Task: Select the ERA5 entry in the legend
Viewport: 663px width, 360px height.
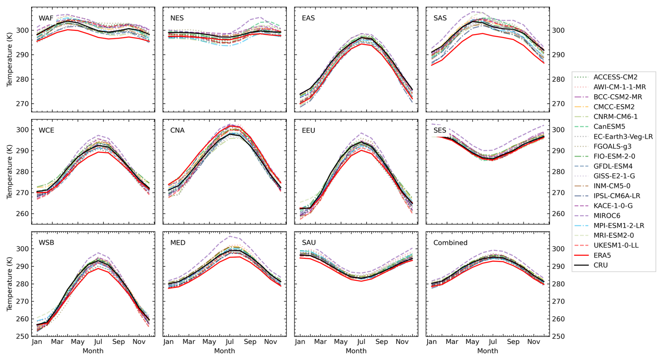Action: [x=602, y=255]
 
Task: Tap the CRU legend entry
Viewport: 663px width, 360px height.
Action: [x=601, y=265]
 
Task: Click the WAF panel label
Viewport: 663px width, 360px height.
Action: [x=46, y=18]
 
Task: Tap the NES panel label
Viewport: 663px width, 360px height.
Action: [x=177, y=18]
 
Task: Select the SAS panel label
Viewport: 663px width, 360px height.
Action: [x=440, y=18]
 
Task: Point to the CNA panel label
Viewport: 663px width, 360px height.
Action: [x=177, y=130]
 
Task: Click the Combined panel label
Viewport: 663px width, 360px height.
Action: [x=450, y=243]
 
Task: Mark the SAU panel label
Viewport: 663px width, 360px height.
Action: [x=309, y=243]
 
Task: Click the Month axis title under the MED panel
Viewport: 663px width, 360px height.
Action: [x=225, y=351]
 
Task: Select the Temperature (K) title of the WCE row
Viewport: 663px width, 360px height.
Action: [x=9, y=172]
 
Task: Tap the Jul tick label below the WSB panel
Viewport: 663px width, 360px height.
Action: [x=98, y=342]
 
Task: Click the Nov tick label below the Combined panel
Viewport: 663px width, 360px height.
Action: [x=534, y=342]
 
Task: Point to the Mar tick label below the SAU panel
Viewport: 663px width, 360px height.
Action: [x=320, y=342]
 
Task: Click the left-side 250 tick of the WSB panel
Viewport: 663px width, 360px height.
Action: [x=22, y=337]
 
